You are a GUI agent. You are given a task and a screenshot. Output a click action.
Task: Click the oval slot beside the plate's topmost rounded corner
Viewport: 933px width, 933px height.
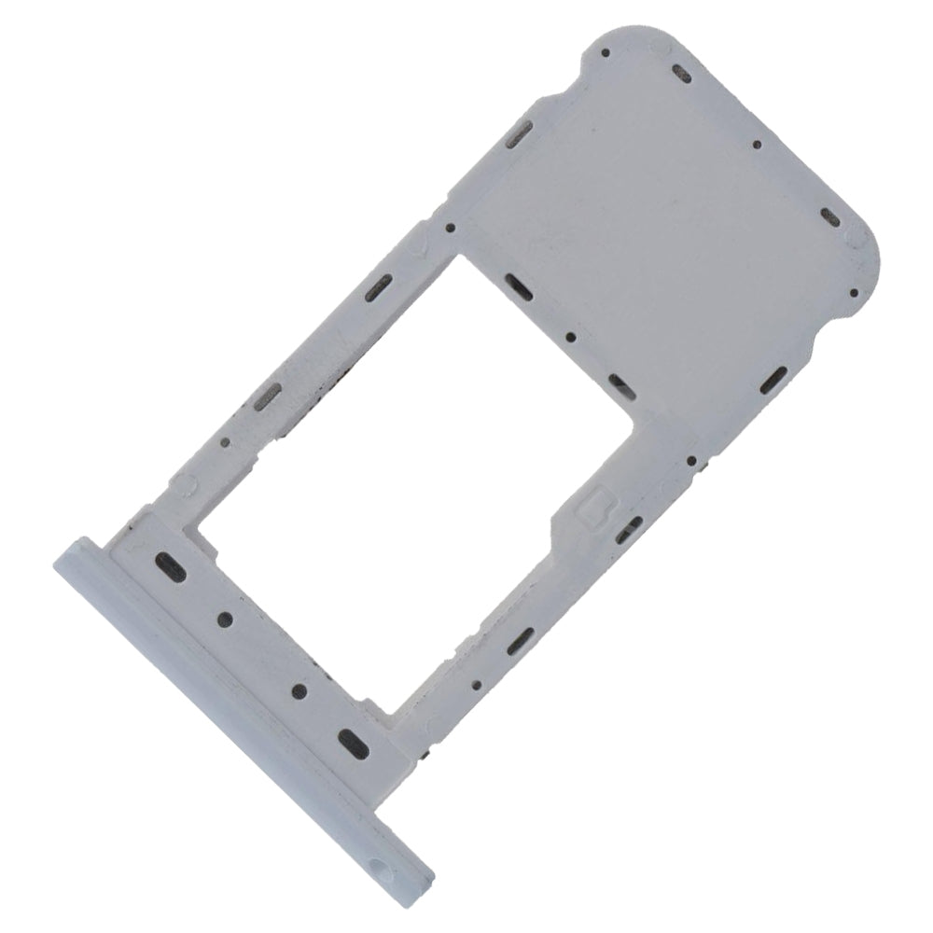pos(682,71)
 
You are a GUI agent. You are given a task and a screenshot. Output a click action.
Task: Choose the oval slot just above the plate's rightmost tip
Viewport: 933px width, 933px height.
pos(829,221)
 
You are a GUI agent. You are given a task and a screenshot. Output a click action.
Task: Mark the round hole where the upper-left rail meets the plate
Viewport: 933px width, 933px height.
pos(451,227)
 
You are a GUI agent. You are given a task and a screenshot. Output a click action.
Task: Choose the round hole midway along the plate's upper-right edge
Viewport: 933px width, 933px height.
pos(757,145)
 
